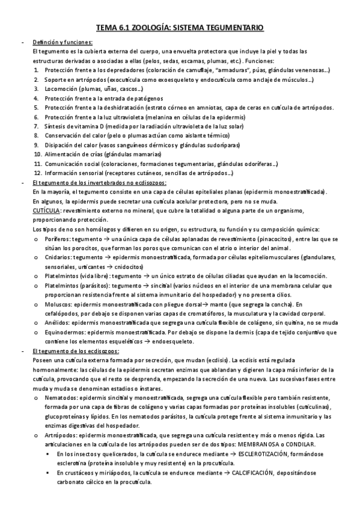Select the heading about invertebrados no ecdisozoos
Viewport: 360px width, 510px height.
pyautogui.click(x=99, y=182)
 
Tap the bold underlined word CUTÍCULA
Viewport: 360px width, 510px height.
pyautogui.click(x=46, y=210)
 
